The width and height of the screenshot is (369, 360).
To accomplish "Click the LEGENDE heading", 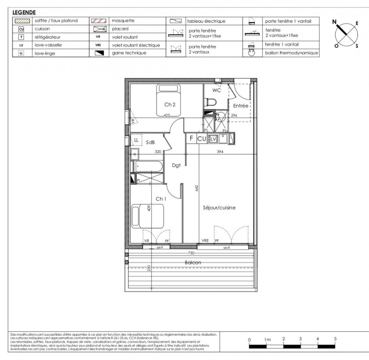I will pyautogui.click(x=24, y=12).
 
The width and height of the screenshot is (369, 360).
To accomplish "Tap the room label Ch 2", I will pyautogui.click(x=169, y=105).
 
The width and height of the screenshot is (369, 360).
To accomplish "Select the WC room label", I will pyautogui.click(x=217, y=91).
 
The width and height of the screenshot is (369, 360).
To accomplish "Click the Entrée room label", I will pyautogui.click(x=240, y=106).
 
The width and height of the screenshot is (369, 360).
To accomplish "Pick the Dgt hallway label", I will pyautogui.click(x=176, y=165).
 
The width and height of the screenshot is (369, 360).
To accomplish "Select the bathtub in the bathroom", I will pyautogui.click(x=147, y=166).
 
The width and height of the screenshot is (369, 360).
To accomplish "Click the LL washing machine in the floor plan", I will pyautogui.click(x=135, y=141).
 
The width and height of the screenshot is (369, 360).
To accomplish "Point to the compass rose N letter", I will pyautogui.click(x=335, y=22).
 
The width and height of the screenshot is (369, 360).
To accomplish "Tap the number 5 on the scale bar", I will pyautogui.click(x=335, y=338).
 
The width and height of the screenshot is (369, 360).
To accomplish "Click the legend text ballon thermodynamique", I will pyautogui.click(x=291, y=53).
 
